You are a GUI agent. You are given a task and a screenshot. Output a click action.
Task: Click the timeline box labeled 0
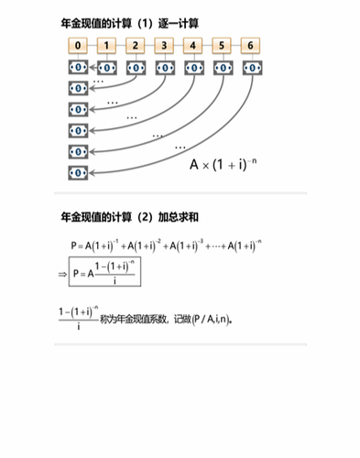point(79,46)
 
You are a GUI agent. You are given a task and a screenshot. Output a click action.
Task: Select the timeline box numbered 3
point(164,46)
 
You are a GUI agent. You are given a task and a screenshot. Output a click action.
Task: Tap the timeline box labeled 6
point(249,46)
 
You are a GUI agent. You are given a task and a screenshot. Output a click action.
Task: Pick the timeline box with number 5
point(221,46)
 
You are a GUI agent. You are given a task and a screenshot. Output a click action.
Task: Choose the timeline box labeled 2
point(136,46)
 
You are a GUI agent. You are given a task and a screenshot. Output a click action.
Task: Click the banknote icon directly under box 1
point(107,67)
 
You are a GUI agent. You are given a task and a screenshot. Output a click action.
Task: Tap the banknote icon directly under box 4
point(192,67)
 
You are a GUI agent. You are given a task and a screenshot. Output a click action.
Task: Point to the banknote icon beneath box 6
point(249,67)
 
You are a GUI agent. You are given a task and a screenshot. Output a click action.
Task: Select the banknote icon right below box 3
point(164,67)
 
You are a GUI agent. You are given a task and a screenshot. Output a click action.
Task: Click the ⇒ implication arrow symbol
point(62,273)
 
